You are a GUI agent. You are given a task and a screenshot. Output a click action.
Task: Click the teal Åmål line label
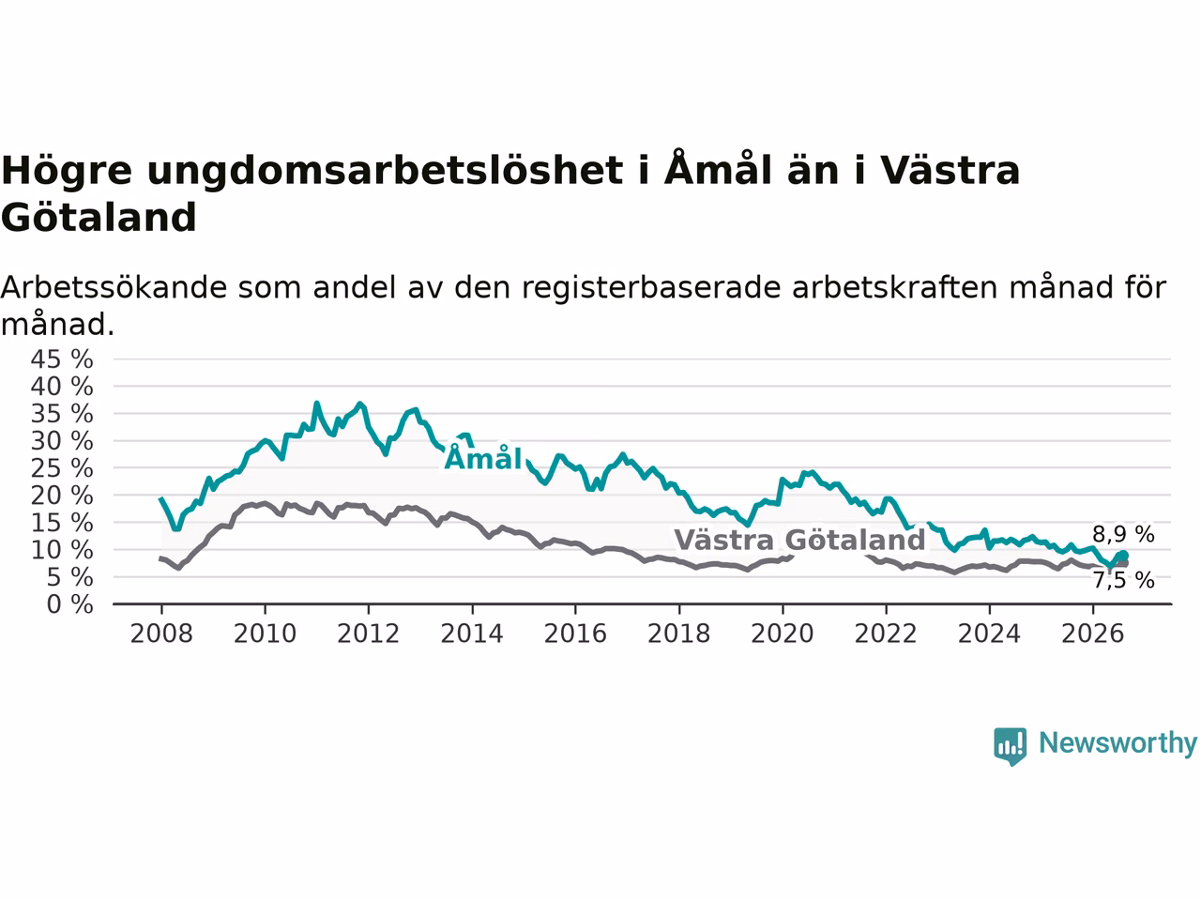pos(482,457)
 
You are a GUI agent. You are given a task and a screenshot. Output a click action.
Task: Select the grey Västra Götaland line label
pos(799,540)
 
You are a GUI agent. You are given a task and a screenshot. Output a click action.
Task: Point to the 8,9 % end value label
pos(1123,534)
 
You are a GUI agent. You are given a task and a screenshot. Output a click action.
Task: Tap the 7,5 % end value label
pos(1124,580)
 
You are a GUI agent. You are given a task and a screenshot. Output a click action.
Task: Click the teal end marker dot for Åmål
pos(1123,556)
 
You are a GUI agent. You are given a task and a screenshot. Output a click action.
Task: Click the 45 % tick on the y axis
pos(62,359)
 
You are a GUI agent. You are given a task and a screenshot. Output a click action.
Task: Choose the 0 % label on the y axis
pos(70,604)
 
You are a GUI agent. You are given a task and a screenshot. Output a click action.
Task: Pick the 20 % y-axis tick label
pos(62,496)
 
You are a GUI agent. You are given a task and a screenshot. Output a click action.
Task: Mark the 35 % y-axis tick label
pos(62,414)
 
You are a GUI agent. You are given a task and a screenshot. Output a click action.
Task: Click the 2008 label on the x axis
pos(161,634)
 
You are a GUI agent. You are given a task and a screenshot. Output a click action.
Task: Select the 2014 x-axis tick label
pos(472,634)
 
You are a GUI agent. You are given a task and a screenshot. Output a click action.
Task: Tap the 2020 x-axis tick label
pos(783,634)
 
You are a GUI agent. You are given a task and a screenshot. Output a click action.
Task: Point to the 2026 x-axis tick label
pos(1093,634)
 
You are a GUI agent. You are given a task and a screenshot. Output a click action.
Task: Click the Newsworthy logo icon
pos(1010,746)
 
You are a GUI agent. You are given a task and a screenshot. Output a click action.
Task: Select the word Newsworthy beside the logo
pos(1117,742)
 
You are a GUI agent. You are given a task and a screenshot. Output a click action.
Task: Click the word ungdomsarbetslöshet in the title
pos(386,171)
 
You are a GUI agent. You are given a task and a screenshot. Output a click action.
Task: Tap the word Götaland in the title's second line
pos(99,217)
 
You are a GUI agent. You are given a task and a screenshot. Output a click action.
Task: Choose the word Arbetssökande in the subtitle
pos(114,287)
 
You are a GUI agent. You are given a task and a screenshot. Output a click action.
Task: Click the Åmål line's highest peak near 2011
pos(316,404)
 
